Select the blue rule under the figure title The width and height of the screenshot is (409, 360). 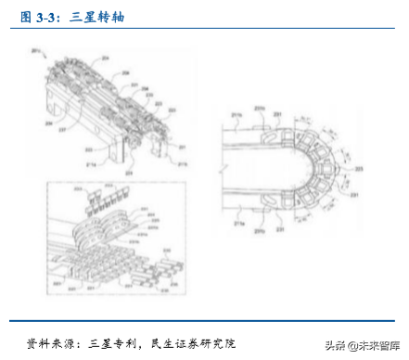(204, 29)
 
